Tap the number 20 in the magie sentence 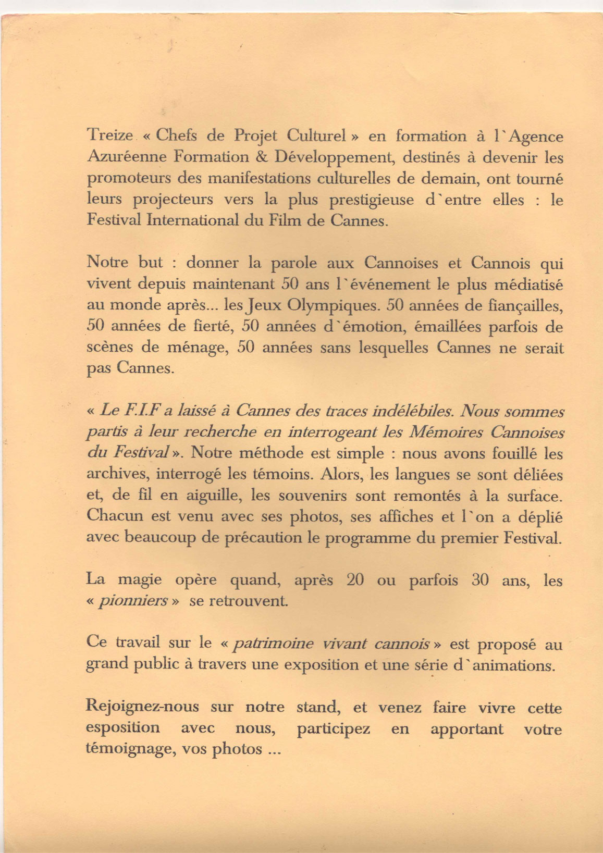(355, 580)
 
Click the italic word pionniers (141, 601)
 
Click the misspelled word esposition (123, 728)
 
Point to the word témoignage (130, 749)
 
